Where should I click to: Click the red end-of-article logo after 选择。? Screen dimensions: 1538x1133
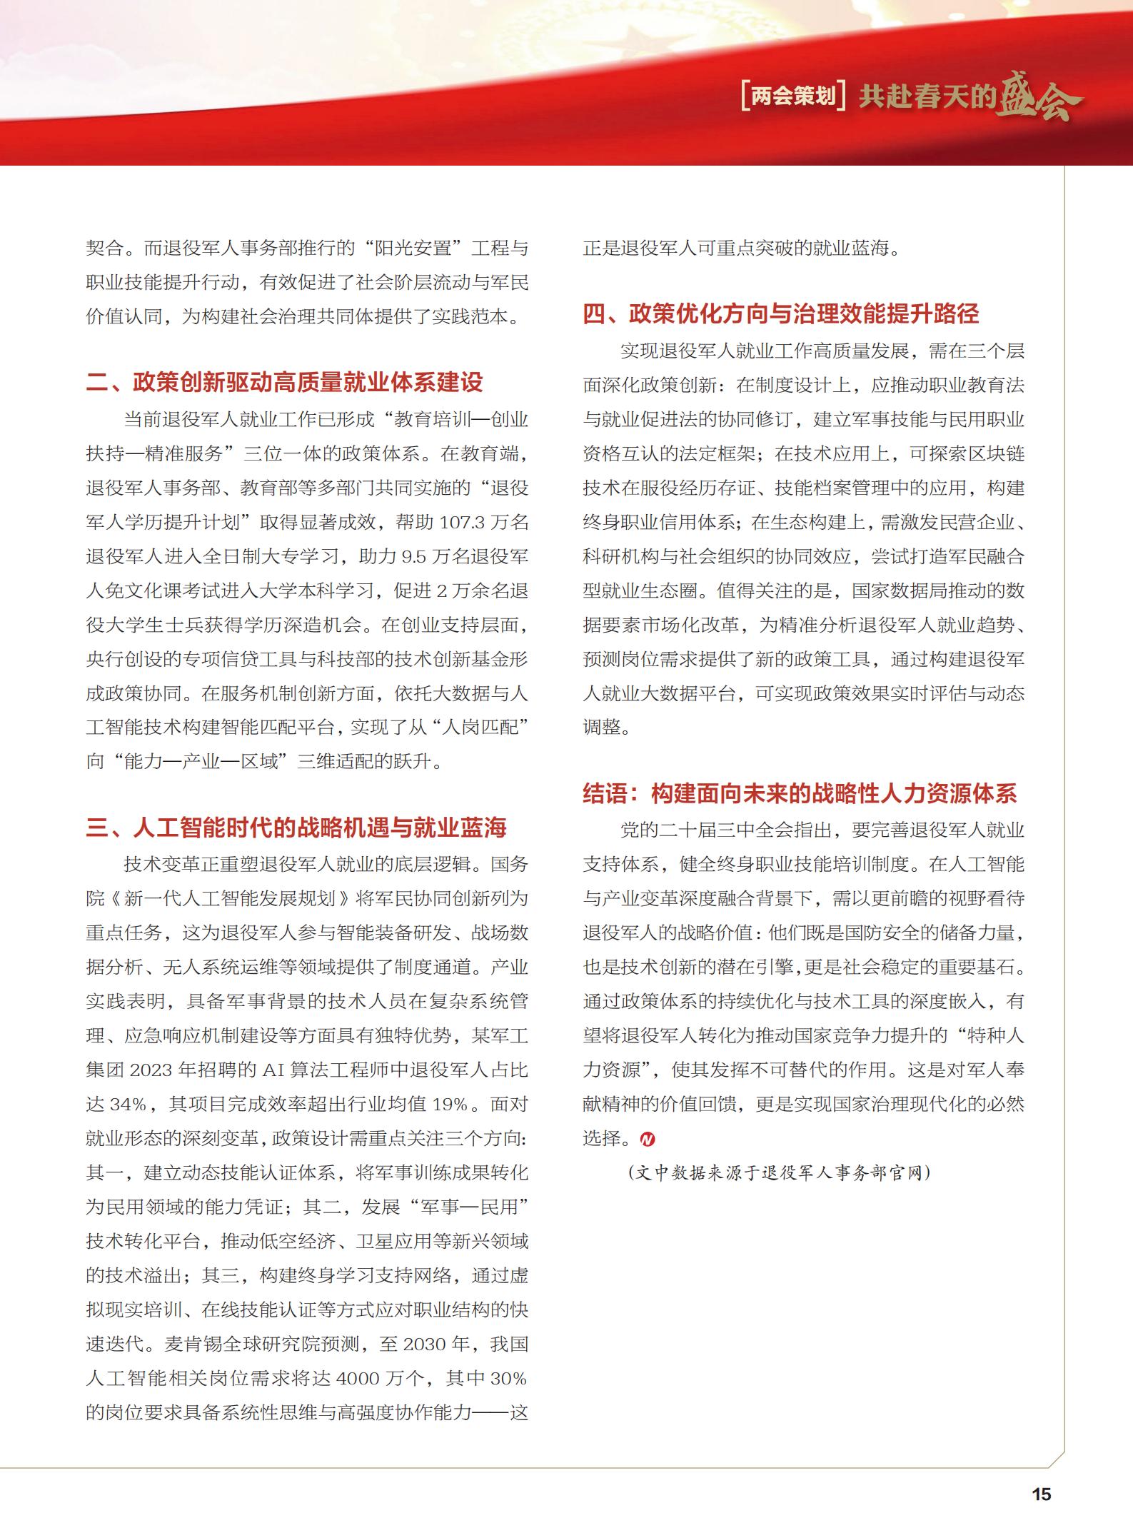[647, 1139]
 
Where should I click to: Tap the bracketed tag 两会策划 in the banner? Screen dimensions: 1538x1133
[793, 96]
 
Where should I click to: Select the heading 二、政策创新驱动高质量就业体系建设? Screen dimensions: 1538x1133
[284, 382]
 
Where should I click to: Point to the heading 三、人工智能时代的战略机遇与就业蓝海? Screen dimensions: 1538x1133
[296, 828]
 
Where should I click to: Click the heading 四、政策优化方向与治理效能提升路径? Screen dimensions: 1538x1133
[781, 313]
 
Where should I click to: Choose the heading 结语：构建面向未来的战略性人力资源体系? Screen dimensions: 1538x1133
[800, 793]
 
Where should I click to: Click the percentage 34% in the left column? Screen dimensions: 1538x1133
[128, 1105]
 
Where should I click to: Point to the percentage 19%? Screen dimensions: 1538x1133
[450, 1105]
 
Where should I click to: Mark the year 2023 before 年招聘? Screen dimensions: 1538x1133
[151, 1070]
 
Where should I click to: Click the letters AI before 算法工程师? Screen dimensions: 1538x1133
[273, 1070]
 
